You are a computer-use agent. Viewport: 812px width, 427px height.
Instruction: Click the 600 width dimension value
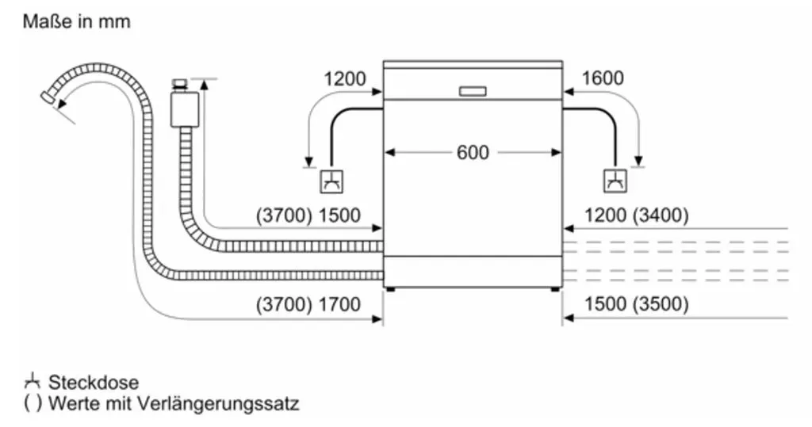(x=473, y=153)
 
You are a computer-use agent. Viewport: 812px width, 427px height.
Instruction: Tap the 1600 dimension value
(x=603, y=78)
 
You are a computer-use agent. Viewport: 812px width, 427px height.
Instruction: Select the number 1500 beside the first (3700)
(x=339, y=215)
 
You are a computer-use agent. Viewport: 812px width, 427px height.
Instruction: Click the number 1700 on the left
(x=339, y=304)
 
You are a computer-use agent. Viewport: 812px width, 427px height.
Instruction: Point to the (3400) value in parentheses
(x=661, y=215)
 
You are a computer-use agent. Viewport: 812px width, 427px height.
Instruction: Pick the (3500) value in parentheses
(x=661, y=304)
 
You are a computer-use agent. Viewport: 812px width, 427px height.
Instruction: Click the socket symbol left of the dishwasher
(x=331, y=181)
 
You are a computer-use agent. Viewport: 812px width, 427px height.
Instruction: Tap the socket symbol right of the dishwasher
(x=615, y=181)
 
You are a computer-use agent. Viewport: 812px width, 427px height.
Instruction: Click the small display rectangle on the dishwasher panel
(x=473, y=91)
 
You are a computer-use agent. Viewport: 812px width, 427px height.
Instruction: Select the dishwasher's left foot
(x=390, y=289)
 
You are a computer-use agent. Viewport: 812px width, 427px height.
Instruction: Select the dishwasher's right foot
(x=554, y=289)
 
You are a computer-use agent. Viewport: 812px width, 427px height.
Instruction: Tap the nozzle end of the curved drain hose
(x=49, y=97)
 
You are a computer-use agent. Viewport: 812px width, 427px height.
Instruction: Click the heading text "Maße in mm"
(x=77, y=21)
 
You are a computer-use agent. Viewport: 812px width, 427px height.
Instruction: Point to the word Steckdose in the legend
(x=94, y=383)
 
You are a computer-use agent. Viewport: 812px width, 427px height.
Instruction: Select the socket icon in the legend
(x=32, y=382)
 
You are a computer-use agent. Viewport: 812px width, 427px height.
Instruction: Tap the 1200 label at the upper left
(x=344, y=78)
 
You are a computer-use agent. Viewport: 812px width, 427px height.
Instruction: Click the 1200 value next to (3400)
(x=605, y=215)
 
